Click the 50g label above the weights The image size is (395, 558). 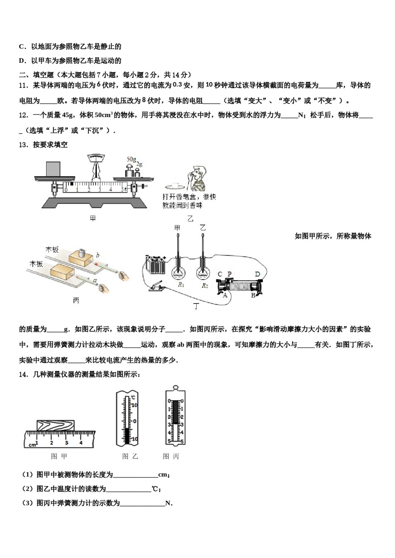[131, 159]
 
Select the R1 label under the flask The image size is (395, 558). [181, 285]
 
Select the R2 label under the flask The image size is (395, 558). [205, 286]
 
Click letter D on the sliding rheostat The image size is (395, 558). [257, 274]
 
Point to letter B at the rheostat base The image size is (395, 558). [253, 296]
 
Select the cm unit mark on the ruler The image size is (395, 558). [31, 445]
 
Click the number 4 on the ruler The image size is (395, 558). [81, 443]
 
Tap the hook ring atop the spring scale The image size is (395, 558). [175, 389]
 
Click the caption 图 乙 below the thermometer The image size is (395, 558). [130, 456]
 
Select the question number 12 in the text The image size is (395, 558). [23, 115]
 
